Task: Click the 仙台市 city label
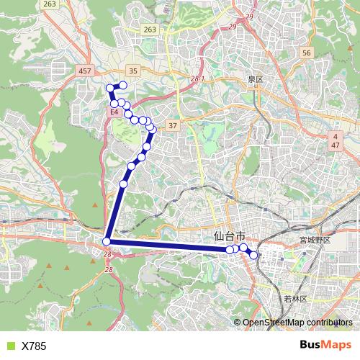[230, 236]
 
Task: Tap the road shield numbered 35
[132, 71]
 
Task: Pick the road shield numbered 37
[173, 126]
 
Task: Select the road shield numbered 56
[306, 53]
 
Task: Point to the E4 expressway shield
[114, 112]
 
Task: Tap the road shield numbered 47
[336, 145]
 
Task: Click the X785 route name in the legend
[34, 346]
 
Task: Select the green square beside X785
[9, 346]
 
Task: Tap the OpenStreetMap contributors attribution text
[297, 322]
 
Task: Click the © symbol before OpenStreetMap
[238, 322]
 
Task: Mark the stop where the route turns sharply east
[107, 241]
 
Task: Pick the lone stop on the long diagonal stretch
[123, 184]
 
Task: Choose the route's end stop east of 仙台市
[253, 255]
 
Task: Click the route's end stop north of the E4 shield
[123, 86]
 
